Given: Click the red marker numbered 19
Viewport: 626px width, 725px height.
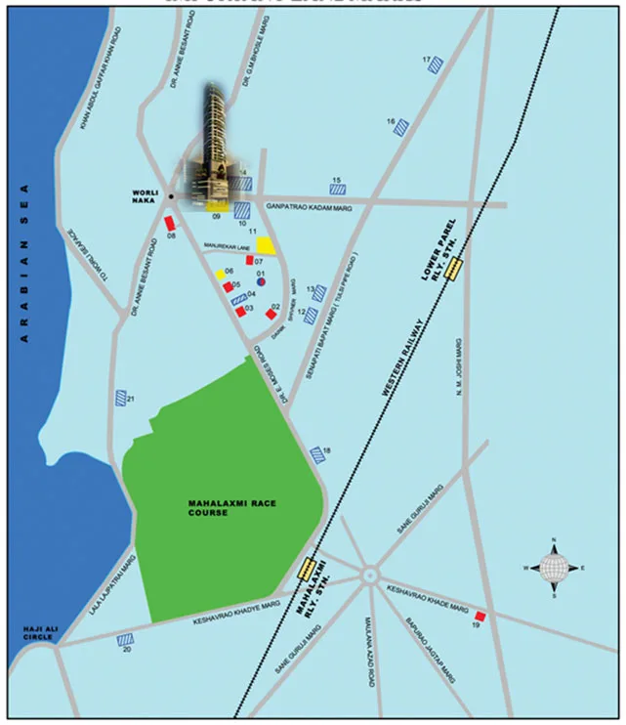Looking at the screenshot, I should coord(480,617).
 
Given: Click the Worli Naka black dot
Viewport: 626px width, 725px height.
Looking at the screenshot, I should coord(171,196).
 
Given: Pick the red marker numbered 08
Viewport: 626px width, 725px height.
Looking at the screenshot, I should coord(170,224).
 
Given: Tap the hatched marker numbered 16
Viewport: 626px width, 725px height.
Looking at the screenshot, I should coord(401,126).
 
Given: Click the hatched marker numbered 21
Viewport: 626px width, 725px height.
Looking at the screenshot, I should coord(121,398).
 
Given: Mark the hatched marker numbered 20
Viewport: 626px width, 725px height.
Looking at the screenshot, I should coord(125,640).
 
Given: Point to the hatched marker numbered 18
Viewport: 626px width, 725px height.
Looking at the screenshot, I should coord(317,454).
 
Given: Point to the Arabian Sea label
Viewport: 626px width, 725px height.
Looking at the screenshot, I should coord(24,263).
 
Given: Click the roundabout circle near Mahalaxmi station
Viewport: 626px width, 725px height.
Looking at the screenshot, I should coord(370,575).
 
